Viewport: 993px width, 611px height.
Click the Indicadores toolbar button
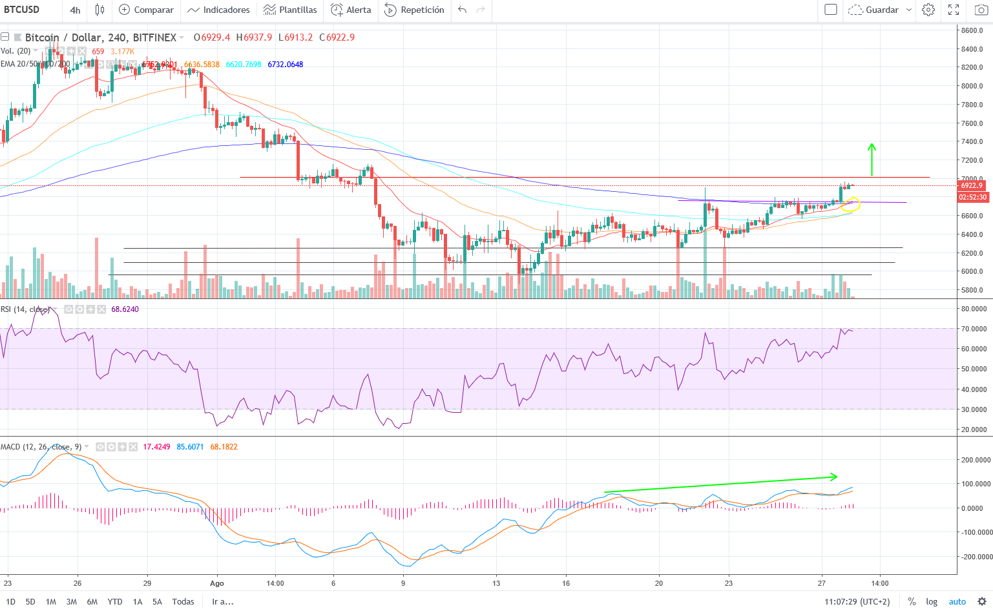tap(219, 10)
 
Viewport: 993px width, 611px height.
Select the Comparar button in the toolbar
tap(147, 10)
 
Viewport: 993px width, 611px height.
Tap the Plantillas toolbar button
tap(291, 10)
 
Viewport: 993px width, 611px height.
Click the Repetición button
tap(415, 10)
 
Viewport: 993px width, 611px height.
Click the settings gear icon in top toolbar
tap(928, 10)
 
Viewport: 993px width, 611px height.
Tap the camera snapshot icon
tap(981, 10)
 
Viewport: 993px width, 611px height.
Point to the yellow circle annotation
tap(850, 205)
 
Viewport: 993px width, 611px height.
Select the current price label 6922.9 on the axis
tap(972, 185)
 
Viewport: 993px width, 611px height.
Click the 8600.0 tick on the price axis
tap(972, 30)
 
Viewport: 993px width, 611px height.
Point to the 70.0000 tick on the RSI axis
tap(974, 329)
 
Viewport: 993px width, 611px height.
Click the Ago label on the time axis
tap(217, 583)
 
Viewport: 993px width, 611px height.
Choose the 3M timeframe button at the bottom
tap(71, 601)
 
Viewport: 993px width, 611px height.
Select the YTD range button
tap(115, 601)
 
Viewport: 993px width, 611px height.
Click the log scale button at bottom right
tap(932, 601)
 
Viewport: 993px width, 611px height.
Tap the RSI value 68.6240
tap(125, 309)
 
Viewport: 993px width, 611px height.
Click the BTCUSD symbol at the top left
tap(22, 10)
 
